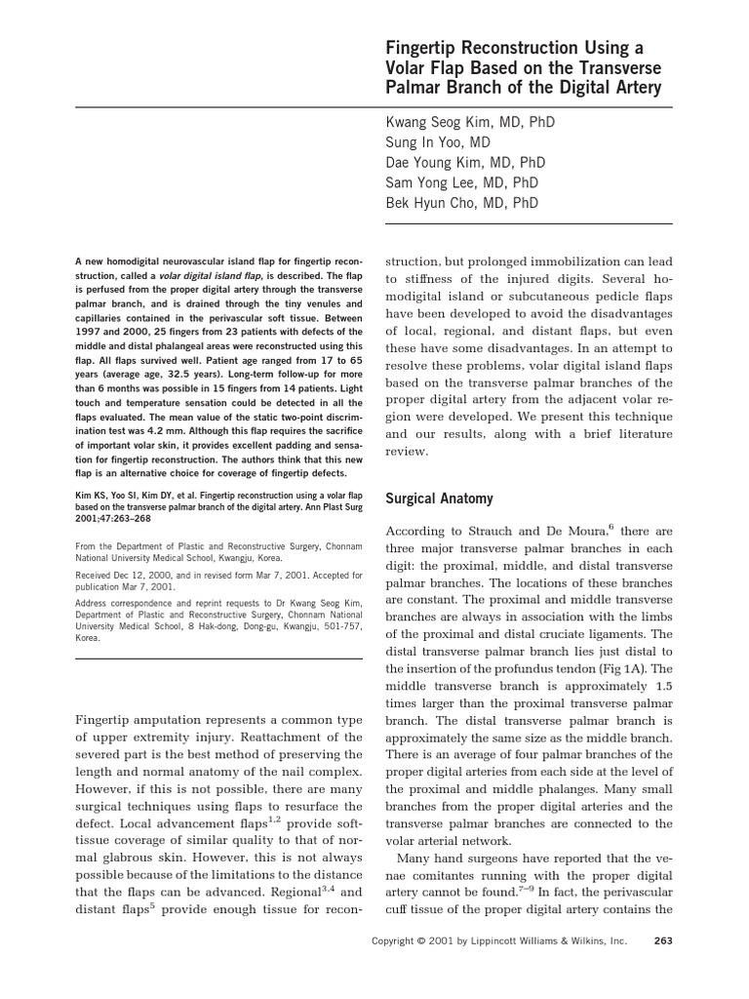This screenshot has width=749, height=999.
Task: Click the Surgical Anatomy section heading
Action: tap(440, 499)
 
